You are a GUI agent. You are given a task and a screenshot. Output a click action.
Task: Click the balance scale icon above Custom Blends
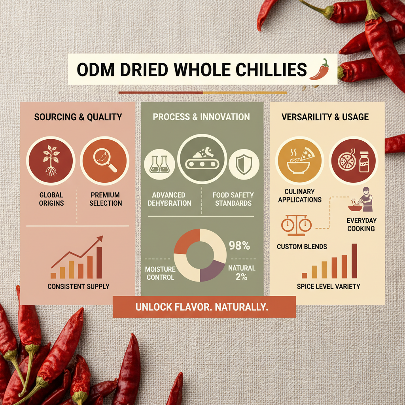click(296, 224)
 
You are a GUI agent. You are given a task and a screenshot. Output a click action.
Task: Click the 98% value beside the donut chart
click(240, 246)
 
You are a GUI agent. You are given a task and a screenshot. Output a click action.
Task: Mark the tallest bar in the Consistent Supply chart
click(99, 262)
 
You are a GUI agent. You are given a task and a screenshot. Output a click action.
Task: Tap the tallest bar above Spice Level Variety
click(354, 261)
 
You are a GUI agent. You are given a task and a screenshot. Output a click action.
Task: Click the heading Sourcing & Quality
click(78, 117)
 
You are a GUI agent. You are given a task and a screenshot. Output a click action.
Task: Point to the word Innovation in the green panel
click(229, 117)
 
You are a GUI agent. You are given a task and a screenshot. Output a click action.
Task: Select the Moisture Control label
click(160, 273)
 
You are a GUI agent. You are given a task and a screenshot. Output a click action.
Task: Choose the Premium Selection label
click(106, 199)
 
